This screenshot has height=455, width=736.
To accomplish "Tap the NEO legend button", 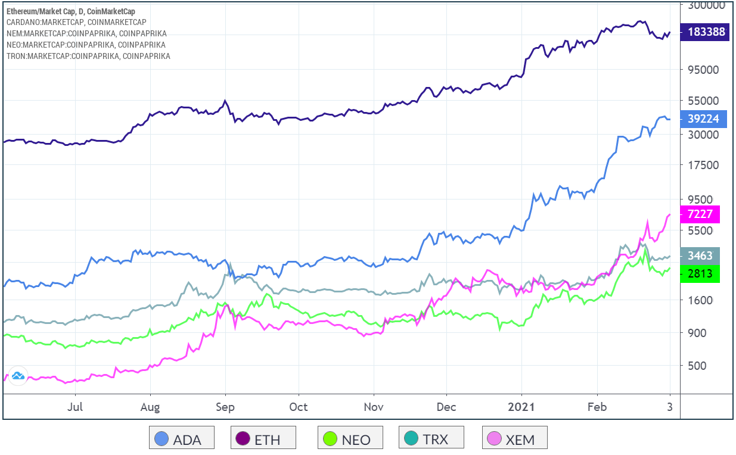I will pos(349,440).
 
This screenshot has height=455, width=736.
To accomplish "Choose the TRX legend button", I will pos(431,440).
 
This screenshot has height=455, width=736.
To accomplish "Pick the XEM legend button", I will pos(514,440).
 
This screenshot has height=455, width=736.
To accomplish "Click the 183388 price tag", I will pos(706,32).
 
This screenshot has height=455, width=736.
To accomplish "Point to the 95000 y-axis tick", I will pos(703,69).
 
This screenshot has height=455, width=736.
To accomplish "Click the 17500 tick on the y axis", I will pos(703,166).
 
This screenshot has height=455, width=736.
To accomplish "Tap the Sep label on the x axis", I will pos(225,407).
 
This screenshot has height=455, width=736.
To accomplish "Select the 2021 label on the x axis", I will pos(521,407).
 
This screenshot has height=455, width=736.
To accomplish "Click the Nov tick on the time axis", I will pos(373,407).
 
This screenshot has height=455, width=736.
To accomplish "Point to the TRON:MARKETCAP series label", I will pos(88,56).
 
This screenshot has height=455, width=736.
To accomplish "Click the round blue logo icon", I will pos(17,375).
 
